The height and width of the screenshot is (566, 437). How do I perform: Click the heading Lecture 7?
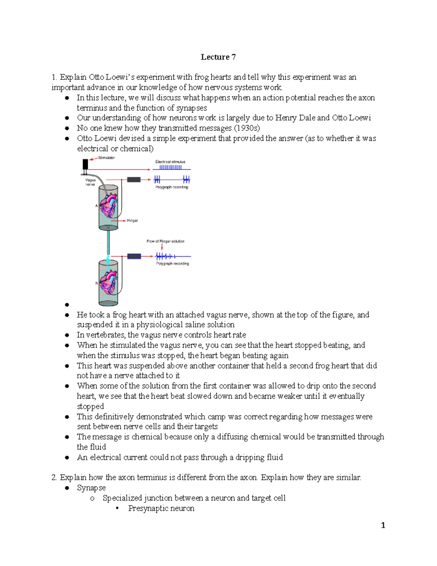pos(218,57)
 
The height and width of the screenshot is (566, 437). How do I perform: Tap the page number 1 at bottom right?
pos(383,525)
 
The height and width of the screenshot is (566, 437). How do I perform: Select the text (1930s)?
pos(247,128)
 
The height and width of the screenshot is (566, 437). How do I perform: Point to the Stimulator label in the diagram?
pos(106,158)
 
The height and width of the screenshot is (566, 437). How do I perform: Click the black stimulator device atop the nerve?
pos(85,164)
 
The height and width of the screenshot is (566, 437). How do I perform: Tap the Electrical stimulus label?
pos(170,162)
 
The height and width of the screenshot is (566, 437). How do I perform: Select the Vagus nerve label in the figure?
pos(90,182)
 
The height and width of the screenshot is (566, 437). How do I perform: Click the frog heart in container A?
pos(109,206)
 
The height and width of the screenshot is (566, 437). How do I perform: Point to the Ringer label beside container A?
pos(132,221)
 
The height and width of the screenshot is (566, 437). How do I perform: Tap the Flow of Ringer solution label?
pos(165,241)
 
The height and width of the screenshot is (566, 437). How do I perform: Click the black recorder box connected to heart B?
pos(134,256)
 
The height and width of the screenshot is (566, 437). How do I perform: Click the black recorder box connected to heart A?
pos(134,180)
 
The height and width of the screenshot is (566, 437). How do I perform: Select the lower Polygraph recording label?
pos(172,264)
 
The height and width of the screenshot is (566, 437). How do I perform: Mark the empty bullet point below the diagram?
pos(67,305)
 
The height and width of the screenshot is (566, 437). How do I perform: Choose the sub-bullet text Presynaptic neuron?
pos(161,508)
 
